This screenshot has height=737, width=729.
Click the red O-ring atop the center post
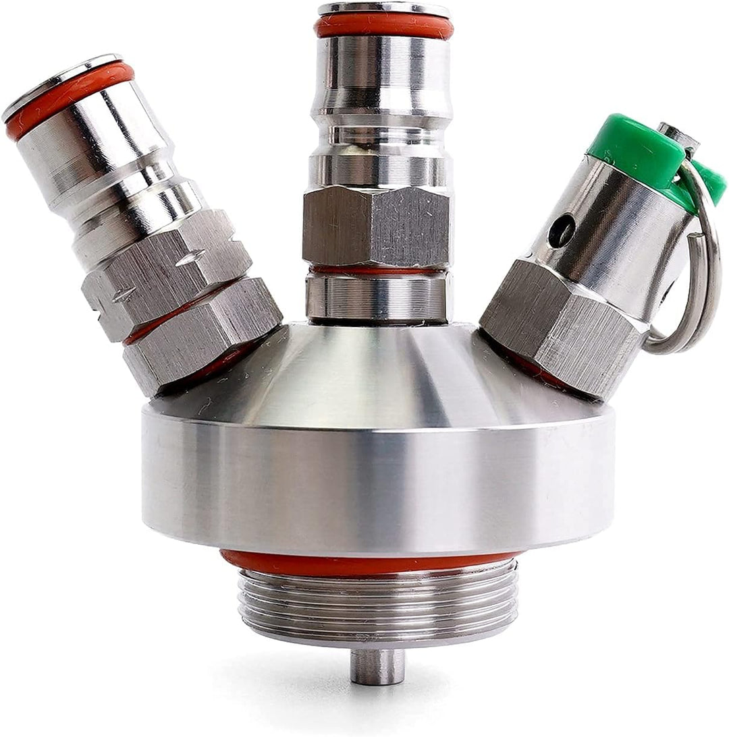(383, 26)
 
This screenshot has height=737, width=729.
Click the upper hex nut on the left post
(165, 270)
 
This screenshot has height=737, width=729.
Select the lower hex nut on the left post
(202, 330)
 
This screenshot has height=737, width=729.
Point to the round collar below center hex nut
(375, 295)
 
